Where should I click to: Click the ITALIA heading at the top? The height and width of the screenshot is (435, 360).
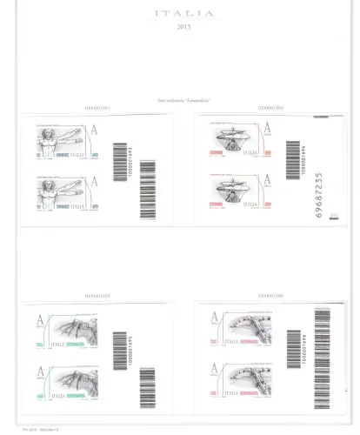click(x=180, y=15)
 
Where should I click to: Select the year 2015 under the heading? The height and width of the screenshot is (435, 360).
click(x=180, y=29)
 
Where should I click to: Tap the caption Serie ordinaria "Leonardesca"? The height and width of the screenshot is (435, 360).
click(x=179, y=103)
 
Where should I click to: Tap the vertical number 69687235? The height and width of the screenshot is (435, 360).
click(x=319, y=196)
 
